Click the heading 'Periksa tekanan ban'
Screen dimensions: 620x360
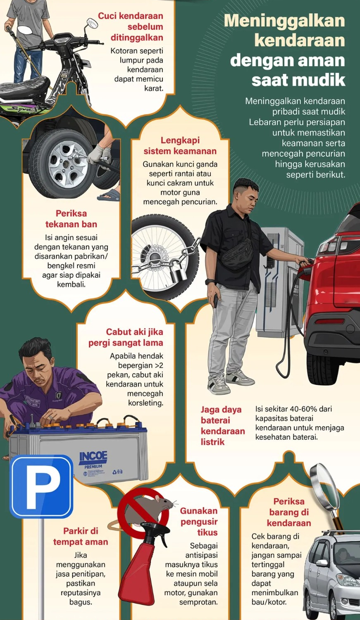tap(71, 219)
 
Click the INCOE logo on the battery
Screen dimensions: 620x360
tap(93, 457)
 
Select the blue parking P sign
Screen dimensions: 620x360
tap(41, 486)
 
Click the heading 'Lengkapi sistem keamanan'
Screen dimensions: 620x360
tap(180, 145)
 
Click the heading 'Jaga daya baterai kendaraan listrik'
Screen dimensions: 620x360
tap(222, 425)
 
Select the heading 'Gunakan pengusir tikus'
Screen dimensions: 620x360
tap(199, 522)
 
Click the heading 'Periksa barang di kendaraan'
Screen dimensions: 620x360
tap(288, 512)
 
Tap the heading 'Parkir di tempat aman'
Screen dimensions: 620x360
tap(80, 536)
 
